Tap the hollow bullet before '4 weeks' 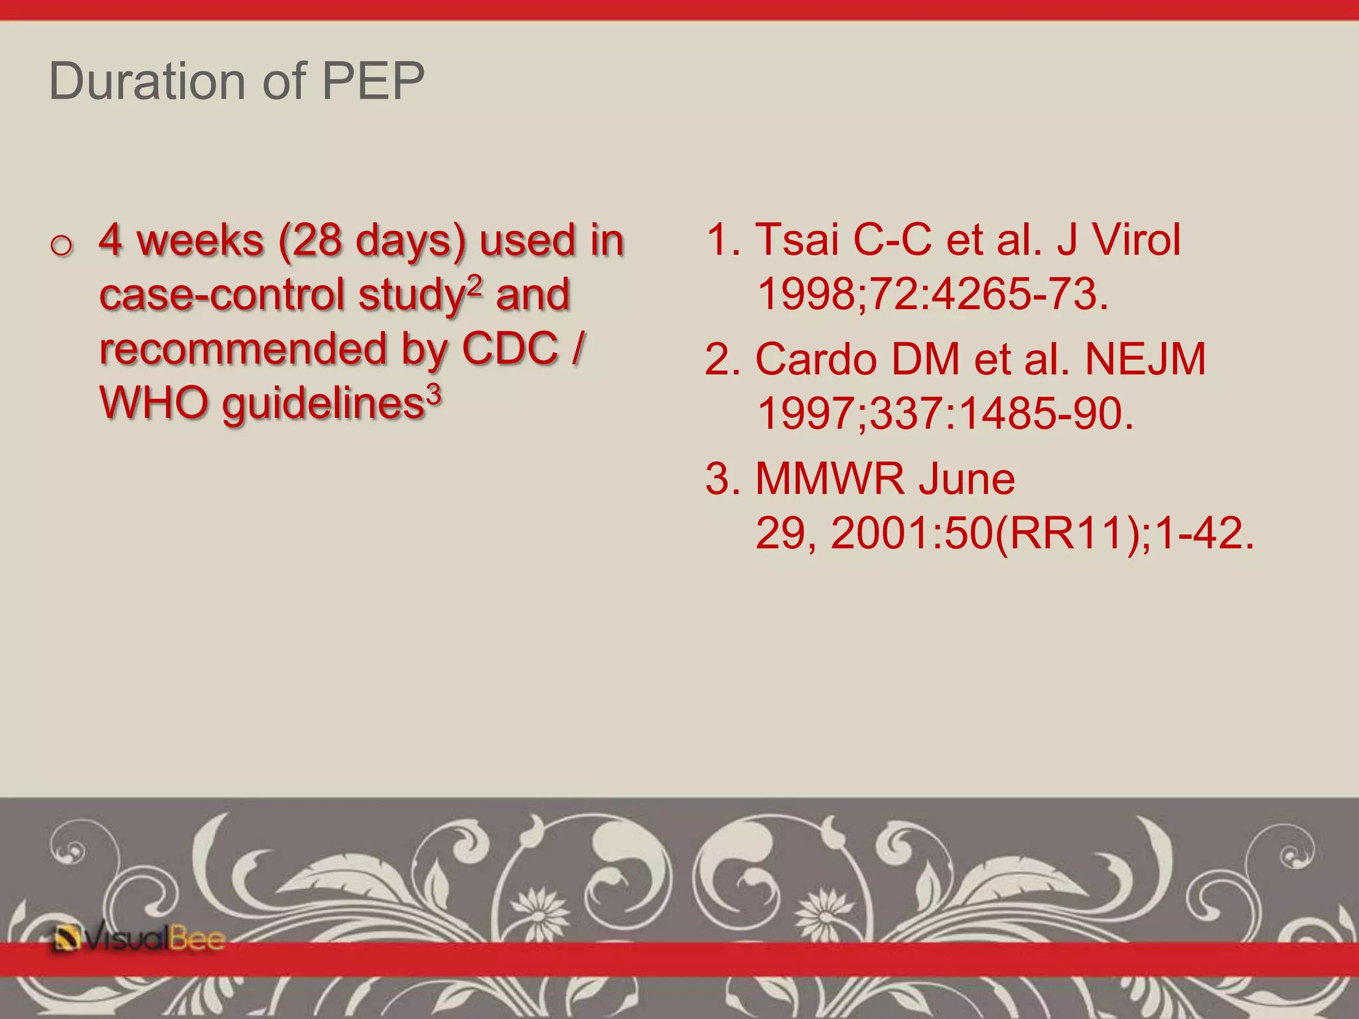[x=61, y=246]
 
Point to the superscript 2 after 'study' [x=475, y=283]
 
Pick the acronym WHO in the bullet [x=153, y=403]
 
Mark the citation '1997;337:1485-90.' [x=945, y=413]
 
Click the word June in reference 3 [x=967, y=478]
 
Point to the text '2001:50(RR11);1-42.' [x=1042, y=533]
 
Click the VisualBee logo [x=140, y=939]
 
